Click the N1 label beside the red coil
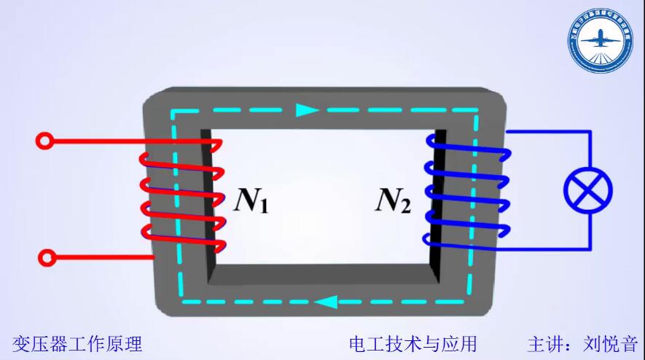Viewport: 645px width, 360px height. coord(251,200)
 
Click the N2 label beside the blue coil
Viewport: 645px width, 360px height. coord(394,200)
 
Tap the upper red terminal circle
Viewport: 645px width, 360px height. coord(45,141)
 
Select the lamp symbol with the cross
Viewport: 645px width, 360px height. coord(588,190)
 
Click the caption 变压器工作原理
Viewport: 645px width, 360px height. coord(77,343)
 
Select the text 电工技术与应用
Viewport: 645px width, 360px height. coord(413,343)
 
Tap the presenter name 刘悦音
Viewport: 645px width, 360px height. coord(610,343)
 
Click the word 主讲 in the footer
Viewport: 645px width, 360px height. coord(545,343)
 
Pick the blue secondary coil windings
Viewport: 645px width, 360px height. coord(466,193)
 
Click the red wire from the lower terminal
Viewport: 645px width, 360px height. coord(102,257)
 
